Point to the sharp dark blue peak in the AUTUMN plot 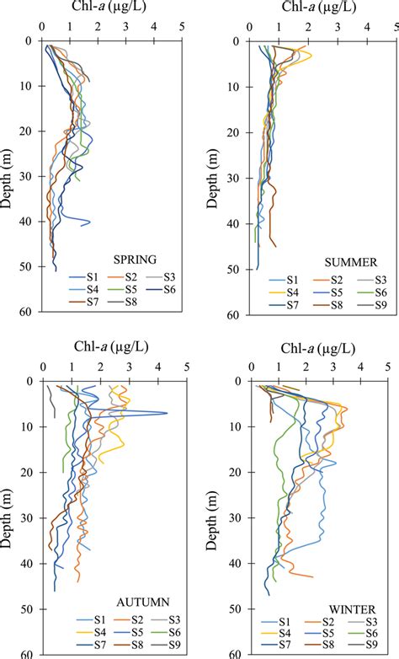point(165,413)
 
